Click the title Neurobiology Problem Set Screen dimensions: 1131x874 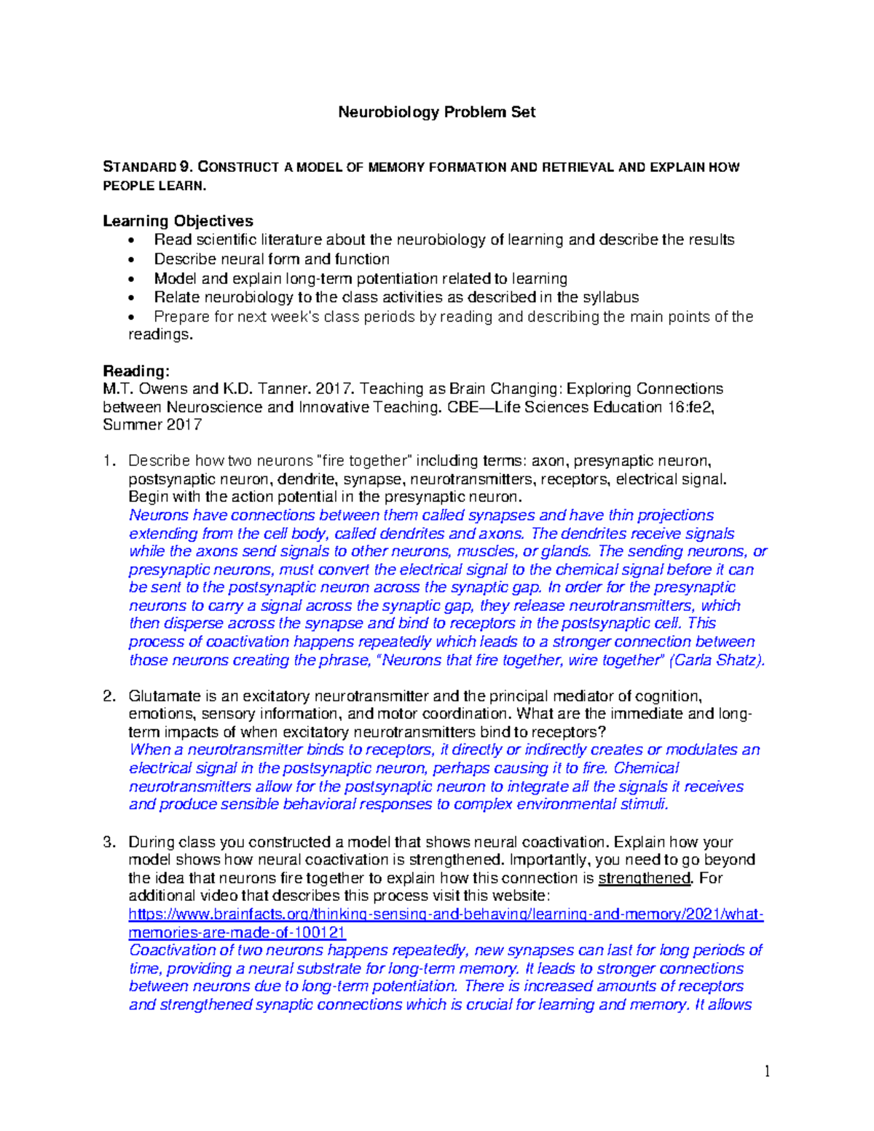tap(436, 112)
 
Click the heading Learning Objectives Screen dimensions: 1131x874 tap(178, 221)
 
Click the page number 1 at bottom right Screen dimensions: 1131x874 tap(767, 1071)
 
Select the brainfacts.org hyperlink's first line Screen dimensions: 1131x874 tap(446, 915)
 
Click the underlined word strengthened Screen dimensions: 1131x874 tap(644, 878)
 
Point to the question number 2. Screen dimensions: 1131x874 tap(109, 696)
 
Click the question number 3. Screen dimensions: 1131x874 tap(109, 843)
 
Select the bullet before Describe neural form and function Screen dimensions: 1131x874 tap(130, 260)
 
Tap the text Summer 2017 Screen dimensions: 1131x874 tap(152, 425)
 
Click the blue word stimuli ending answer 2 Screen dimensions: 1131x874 tap(644, 805)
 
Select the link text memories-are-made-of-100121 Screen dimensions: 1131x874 tap(237, 933)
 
